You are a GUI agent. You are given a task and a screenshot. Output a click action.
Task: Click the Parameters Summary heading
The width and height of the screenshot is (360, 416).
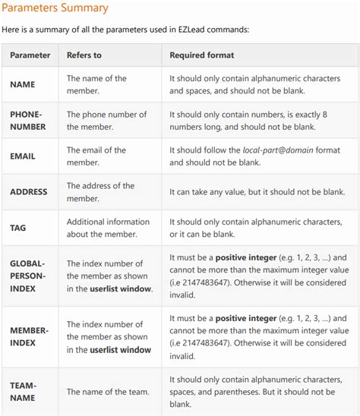pos(55,8)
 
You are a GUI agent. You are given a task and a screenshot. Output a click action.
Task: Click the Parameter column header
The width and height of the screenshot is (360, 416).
pos(30,55)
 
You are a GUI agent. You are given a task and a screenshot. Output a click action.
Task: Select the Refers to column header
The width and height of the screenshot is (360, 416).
pos(84,55)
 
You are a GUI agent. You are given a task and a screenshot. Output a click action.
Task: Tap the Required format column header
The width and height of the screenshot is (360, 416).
pos(202,55)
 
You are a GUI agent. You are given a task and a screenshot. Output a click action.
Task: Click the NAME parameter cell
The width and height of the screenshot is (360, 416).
pos(23,85)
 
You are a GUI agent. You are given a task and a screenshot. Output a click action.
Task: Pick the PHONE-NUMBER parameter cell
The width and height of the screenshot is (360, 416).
pos(28,121)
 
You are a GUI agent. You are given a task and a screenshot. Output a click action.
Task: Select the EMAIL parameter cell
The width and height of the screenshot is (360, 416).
pos(23,156)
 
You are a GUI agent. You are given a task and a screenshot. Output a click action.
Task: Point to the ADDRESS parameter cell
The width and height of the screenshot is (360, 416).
pos(29,192)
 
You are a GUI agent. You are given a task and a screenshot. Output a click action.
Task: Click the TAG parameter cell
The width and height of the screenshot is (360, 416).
pos(18,228)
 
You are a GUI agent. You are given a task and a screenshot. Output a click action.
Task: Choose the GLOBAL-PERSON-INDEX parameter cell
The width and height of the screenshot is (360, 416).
pos(28,276)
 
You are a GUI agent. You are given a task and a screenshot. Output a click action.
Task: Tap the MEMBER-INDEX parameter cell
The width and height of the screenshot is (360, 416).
pos(29,337)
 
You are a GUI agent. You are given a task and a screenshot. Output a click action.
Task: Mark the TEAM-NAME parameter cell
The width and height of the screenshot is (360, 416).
pos(24,392)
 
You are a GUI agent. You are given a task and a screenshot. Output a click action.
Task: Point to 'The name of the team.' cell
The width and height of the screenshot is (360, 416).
pos(108,392)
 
